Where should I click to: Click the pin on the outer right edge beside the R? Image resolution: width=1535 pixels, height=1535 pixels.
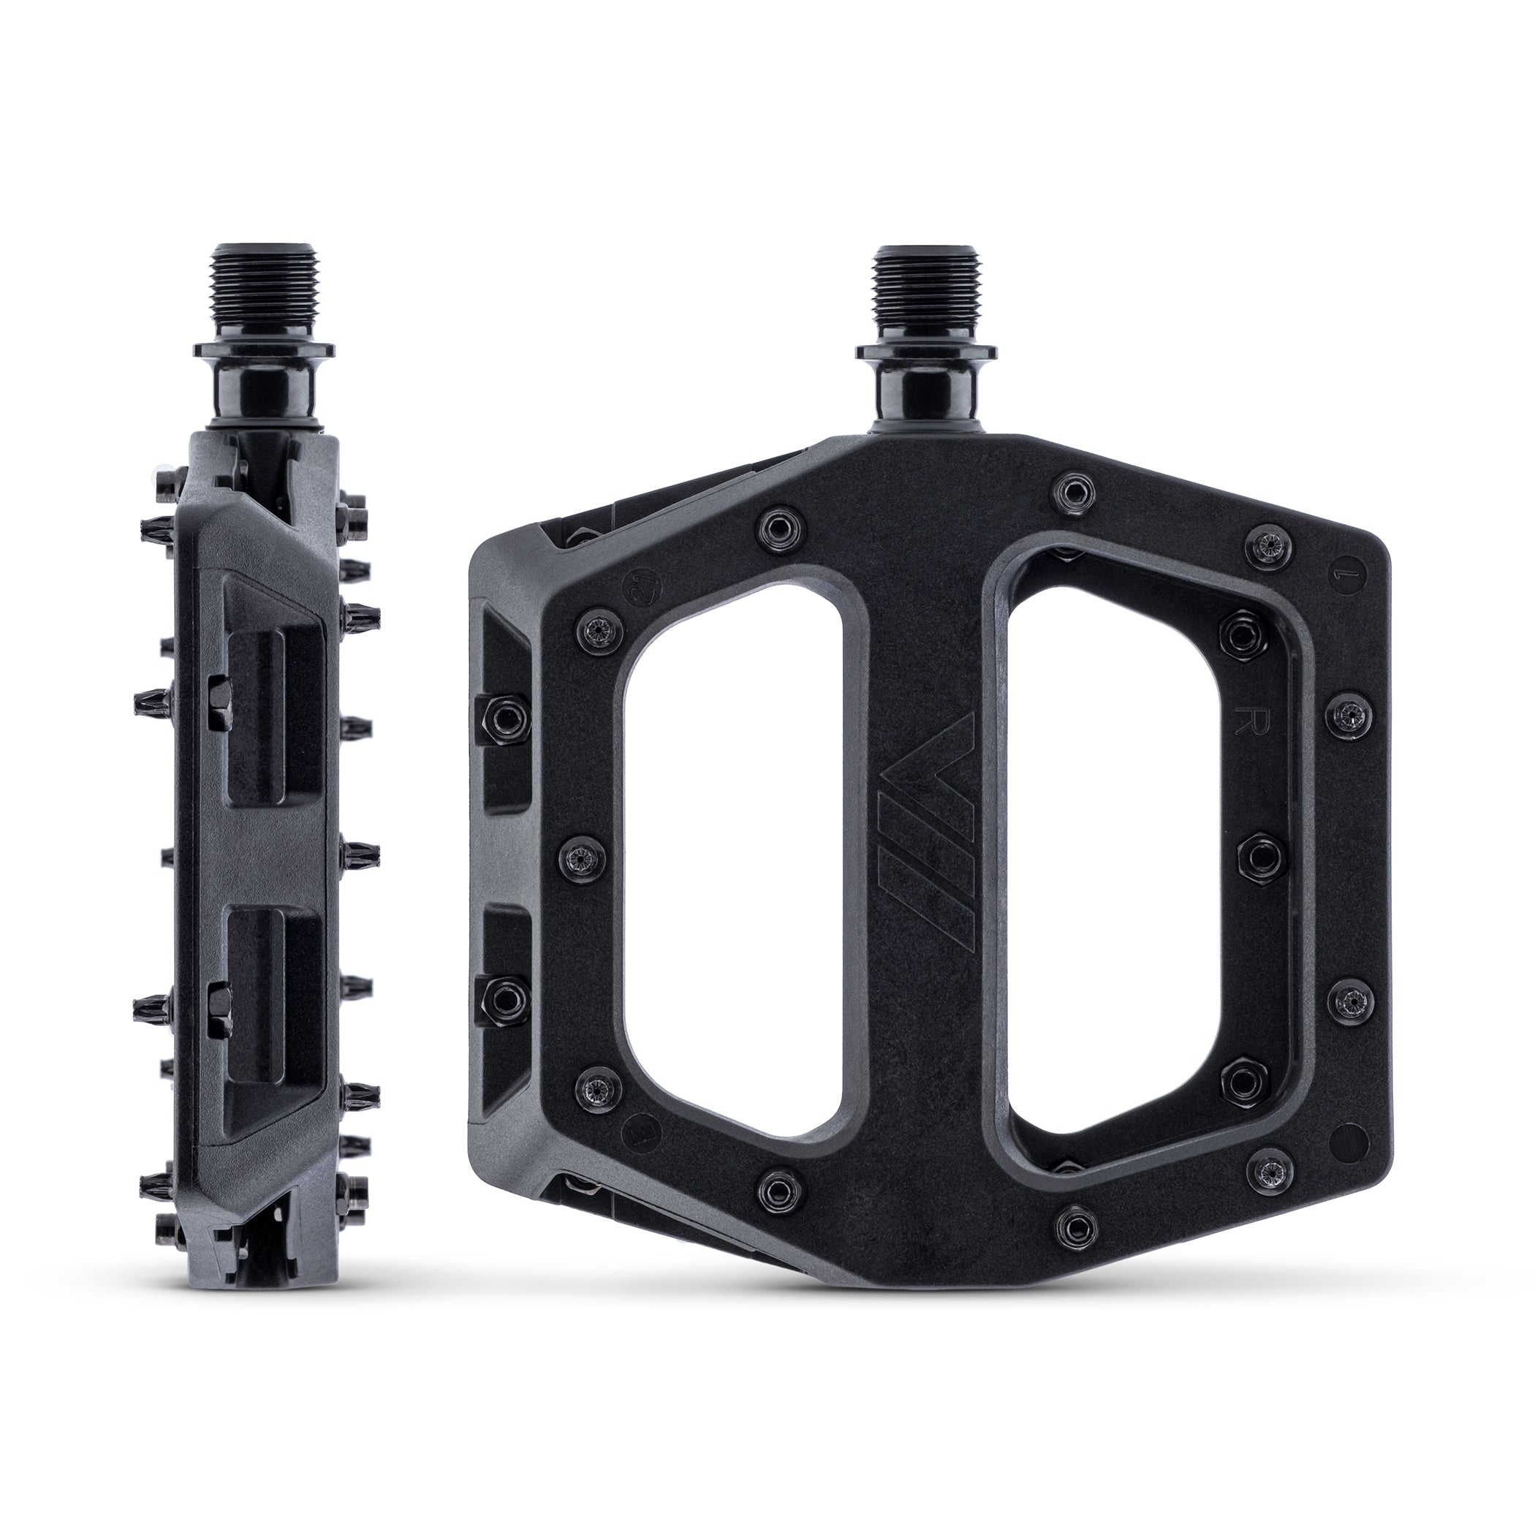(x=1344, y=718)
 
